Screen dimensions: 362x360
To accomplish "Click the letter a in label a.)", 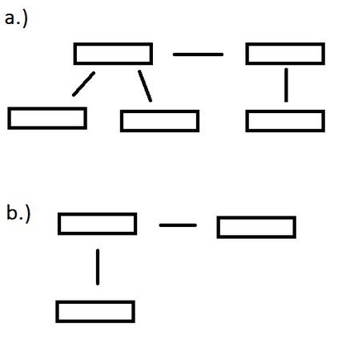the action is click(10, 19).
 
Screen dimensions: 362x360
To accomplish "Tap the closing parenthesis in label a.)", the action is click(25, 18).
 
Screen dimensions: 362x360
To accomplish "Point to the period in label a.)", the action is click(18, 23).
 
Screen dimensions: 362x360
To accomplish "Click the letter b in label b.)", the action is click(12, 212).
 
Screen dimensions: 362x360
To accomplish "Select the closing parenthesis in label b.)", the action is click(27, 214).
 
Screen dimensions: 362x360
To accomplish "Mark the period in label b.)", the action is click(21, 219).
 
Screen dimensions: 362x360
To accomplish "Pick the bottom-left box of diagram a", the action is click(47, 108).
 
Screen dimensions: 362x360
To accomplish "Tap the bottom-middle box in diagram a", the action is click(159, 111).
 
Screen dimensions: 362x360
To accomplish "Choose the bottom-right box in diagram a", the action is click(285, 111).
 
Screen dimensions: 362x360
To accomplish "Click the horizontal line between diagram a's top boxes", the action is click(198, 55).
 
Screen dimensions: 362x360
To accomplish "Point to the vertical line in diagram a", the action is click(286, 85).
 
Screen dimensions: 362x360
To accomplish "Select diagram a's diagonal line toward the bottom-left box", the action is click(83, 83).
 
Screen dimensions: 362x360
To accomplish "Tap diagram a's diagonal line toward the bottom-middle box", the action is click(145, 86).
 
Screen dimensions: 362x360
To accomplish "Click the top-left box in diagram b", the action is click(97, 214).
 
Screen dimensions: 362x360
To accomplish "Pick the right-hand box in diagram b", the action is click(256, 217).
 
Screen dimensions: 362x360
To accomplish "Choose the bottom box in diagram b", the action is click(95, 301).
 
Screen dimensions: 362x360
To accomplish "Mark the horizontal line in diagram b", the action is click(178, 225).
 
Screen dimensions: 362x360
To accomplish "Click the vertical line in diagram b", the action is click(98, 267).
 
